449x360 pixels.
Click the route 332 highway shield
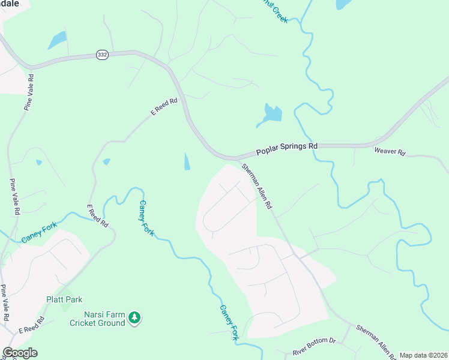(102, 55)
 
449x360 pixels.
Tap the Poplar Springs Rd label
(287, 146)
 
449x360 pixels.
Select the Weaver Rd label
(390, 152)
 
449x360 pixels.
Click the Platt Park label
(64, 299)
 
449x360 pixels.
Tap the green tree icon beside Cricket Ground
(135, 317)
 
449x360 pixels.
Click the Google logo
(20, 353)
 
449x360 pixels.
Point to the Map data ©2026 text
(423, 355)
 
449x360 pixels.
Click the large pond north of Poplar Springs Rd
(271, 114)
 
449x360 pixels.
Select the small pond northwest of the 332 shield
(57, 40)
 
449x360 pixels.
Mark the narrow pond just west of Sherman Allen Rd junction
(187, 161)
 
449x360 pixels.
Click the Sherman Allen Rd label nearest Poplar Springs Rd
(258, 186)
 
